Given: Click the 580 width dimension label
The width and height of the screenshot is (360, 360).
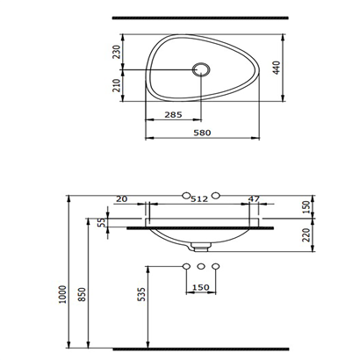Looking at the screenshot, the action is click(202, 133).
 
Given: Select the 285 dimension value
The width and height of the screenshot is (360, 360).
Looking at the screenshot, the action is click(173, 115).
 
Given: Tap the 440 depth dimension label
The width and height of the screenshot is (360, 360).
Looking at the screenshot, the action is click(277, 68).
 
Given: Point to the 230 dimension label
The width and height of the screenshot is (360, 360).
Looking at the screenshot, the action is click(117, 52).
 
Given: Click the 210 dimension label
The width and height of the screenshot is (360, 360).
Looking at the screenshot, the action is click(117, 85).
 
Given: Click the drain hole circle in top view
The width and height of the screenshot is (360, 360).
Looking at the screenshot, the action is click(201, 69).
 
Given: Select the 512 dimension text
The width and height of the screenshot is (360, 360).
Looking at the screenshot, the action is click(199, 199).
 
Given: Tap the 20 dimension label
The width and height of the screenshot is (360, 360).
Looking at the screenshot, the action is click(122, 199).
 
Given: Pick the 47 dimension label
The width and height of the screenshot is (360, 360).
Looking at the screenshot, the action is click(254, 199).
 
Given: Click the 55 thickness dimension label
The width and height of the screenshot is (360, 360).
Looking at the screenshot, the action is click(101, 222).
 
